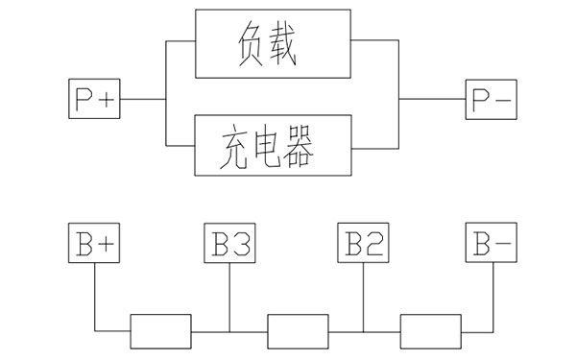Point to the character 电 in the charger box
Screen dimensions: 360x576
(273, 146)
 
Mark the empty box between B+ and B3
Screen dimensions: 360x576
(161, 331)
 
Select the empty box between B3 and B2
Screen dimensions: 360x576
(296, 331)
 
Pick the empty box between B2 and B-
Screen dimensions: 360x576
(430, 331)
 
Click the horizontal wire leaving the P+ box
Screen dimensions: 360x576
(141, 99)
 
